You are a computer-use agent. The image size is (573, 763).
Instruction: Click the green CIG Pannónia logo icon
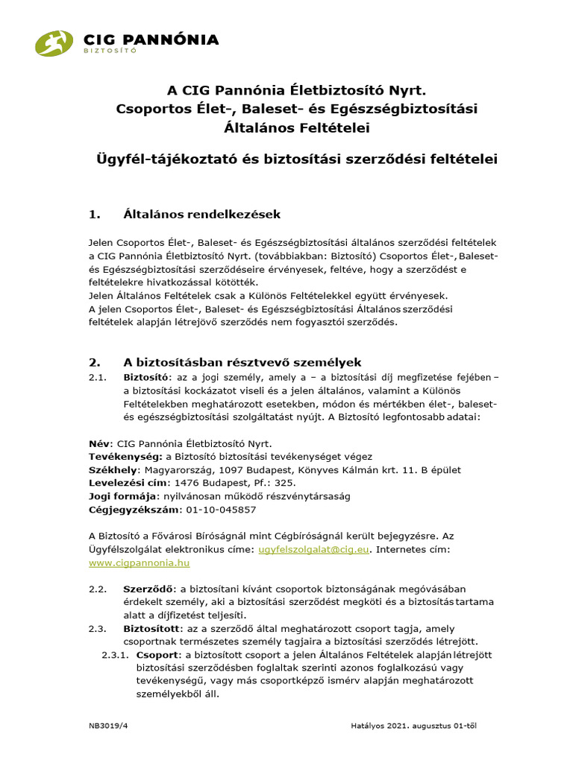[x=54, y=43]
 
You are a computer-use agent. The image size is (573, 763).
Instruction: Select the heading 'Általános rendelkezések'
[x=201, y=215]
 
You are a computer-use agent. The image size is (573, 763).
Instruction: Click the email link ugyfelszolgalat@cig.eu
[x=314, y=550]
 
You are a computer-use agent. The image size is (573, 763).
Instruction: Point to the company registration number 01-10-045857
[x=221, y=510]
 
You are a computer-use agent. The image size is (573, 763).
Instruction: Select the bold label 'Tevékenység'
[x=125, y=456]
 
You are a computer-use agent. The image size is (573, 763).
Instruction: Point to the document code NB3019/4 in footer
[x=109, y=724]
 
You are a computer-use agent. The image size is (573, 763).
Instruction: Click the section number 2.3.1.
[x=114, y=655]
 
